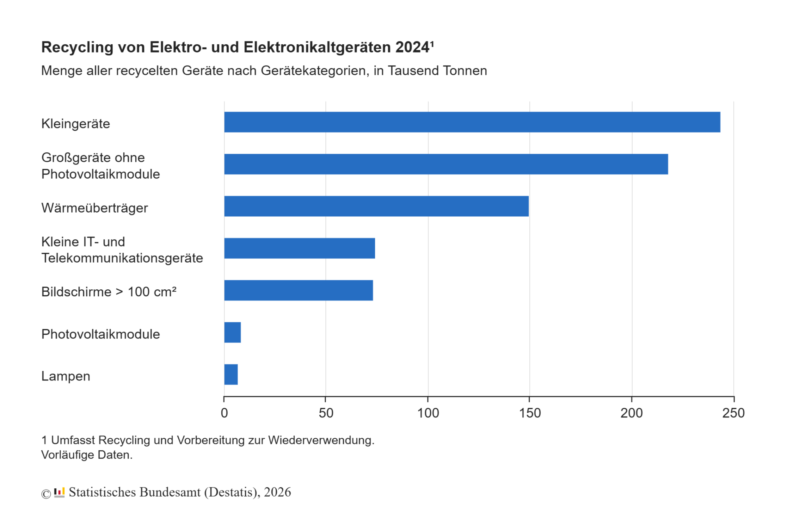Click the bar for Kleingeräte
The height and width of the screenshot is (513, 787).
point(471,122)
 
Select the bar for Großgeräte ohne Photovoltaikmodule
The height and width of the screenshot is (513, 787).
point(446,164)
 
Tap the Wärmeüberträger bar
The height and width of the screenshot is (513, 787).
point(376,206)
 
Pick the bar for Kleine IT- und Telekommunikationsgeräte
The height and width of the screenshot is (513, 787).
point(299,248)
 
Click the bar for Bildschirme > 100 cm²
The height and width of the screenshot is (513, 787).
point(298,290)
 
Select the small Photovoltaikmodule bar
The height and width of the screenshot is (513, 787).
point(232,332)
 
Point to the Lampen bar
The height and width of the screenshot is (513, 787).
point(231,374)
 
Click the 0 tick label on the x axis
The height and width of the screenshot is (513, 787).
point(224,413)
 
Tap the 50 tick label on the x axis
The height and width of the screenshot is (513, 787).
point(326,413)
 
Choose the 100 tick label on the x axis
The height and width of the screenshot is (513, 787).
point(428,413)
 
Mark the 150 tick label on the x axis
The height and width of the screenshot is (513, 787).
point(530,413)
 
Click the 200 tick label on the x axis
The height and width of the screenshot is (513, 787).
point(632,413)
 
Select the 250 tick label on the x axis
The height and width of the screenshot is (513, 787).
point(733,413)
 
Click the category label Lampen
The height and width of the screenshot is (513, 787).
point(66,376)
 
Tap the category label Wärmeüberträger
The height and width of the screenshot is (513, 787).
point(94,208)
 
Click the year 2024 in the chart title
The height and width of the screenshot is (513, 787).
point(412,47)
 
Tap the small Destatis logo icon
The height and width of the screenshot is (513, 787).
point(59,492)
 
